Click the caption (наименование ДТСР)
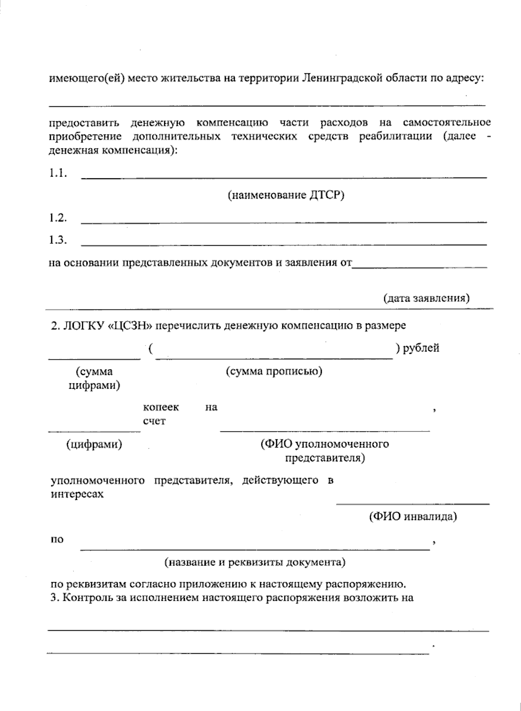point(286,195)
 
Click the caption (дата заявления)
point(426,298)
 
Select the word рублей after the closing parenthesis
point(421,348)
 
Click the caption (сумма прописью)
point(274,372)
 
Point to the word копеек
point(161,407)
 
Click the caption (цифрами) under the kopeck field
point(94,444)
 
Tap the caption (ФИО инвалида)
point(412,517)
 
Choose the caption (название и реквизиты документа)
point(254,563)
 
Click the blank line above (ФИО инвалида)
point(412,504)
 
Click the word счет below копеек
point(154,421)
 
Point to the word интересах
point(77,494)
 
